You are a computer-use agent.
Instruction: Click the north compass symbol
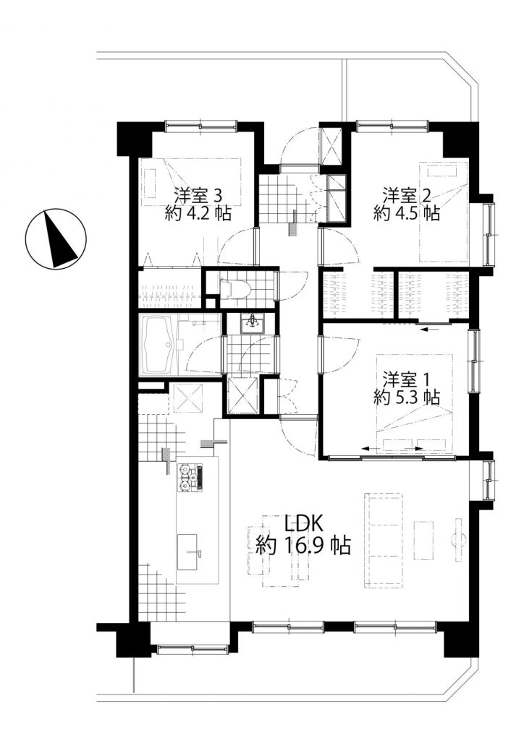coord(56,238)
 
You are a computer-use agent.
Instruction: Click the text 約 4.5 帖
coord(406,213)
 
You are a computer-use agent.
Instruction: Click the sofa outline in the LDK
coord(383,541)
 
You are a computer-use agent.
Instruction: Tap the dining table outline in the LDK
coord(285,551)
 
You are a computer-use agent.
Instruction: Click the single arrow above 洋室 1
coord(430,330)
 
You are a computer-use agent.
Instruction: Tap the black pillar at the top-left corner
coord(134,139)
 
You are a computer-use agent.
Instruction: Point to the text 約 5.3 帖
coord(406,397)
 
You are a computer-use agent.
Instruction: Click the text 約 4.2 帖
coord(198,214)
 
